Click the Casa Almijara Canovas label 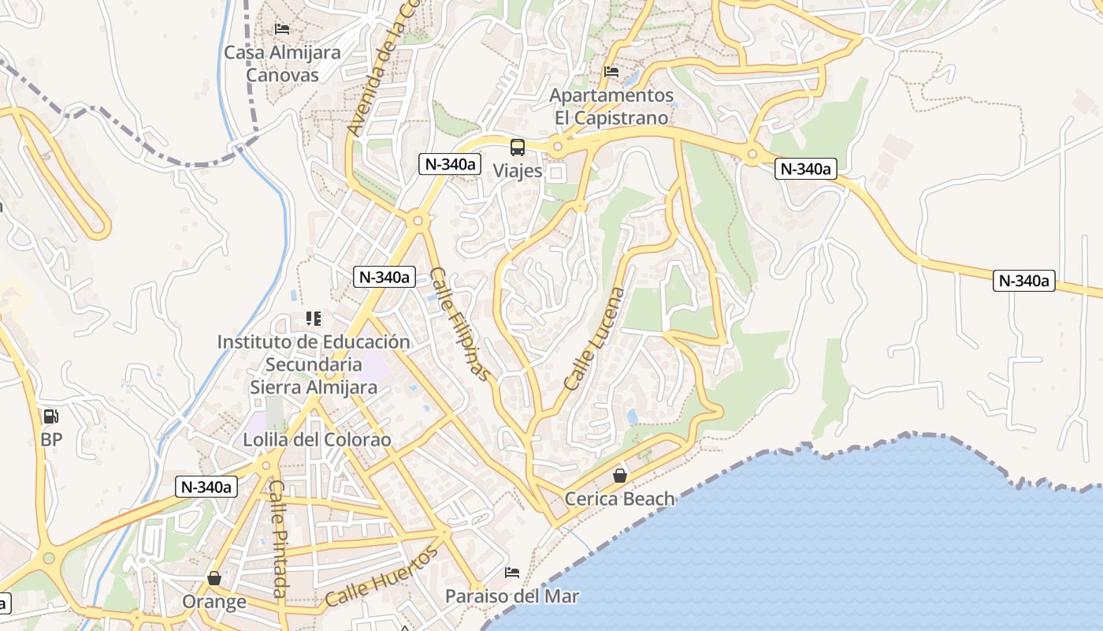coord(282,64)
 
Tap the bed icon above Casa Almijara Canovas coord(282,29)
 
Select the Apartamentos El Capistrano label coord(611,106)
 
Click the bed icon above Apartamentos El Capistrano coord(611,72)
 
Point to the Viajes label coord(518,170)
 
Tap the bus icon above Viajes coord(518,147)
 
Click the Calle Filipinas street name coord(461,324)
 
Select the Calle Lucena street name coord(595,339)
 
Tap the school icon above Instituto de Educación coord(314,319)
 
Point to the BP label coord(51,439)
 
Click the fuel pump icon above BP coord(51,416)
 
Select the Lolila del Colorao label coord(317,439)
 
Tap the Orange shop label coord(214,602)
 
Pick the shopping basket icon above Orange coord(214,579)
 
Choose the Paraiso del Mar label coord(512,596)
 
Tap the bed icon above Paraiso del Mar coord(512,573)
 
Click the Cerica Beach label coord(620,498)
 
